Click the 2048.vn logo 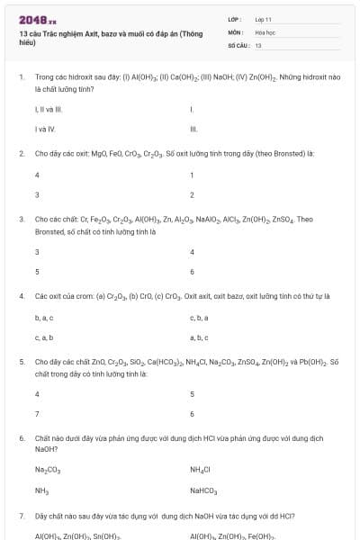tap(38, 20)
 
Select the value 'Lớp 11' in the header tap(264, 19)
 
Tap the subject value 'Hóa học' tap(265, 31)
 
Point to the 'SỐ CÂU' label tap(237, 44)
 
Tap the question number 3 tap(21, 219)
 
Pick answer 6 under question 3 tap(192, 272)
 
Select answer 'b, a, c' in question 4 tap(44, 318)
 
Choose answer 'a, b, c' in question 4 tap(199, 337)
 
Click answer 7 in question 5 tap(37, 414)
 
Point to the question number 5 tap(21, 362)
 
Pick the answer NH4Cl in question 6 tap(200, 470)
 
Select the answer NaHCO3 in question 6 tap(203, 491)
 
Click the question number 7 tap(21, 517)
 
